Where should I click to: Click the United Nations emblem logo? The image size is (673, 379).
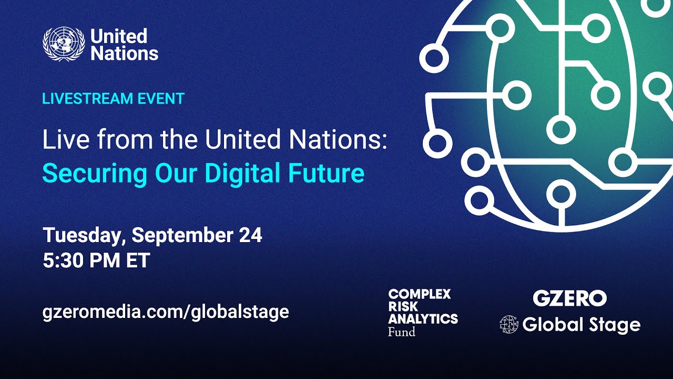click(64, 44)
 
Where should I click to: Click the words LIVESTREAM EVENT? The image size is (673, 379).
click(113, 98)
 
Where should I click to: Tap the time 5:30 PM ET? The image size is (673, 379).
click(96, 261)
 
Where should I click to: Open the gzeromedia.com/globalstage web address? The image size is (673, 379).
click(166, 312)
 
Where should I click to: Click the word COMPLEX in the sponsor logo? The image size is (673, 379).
click(420, 294)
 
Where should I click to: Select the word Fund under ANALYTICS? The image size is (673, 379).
click(402, 332)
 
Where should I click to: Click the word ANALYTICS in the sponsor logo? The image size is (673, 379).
click(423, 319)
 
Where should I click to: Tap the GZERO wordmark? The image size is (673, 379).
click(569, 298)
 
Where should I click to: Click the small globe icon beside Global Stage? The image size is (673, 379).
click(508, 325)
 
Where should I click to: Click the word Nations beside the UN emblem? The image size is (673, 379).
click(124, 53)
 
